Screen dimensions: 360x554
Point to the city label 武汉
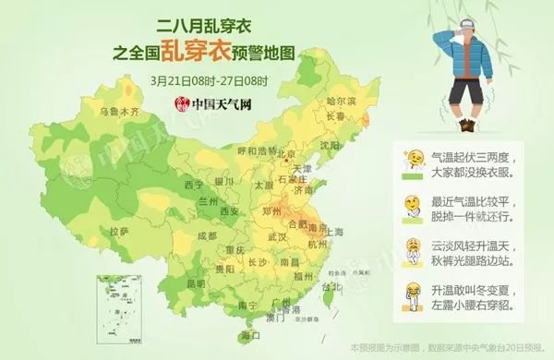[278, 237]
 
